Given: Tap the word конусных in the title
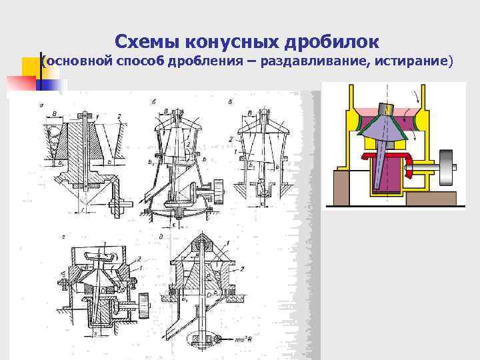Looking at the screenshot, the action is coord(226,41).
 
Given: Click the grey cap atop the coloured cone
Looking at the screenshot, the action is coord(387,109).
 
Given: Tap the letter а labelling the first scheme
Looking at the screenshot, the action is coord(42,105).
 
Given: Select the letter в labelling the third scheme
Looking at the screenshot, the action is coord(230,103).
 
